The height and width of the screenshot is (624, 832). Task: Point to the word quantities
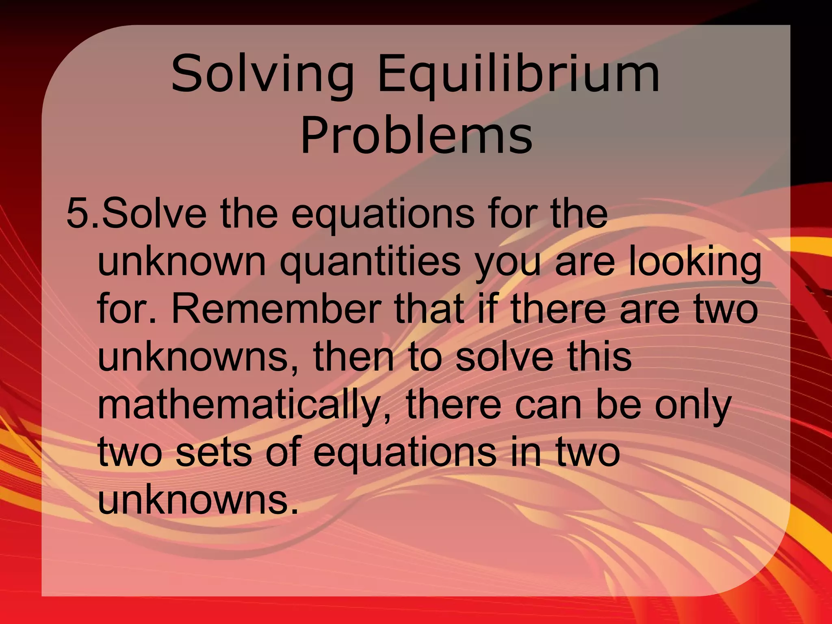pos(370,261)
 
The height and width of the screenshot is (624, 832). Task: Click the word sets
pos(214,452)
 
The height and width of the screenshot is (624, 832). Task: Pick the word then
pos(353,357)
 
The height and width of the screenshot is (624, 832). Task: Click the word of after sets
pos(283,452)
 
